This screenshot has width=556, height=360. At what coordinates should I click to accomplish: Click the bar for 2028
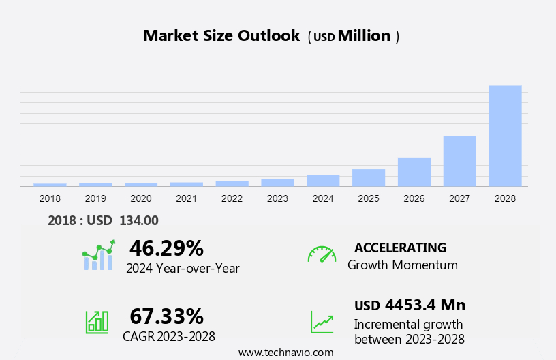click(505, 136)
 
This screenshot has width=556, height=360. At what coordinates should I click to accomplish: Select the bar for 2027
click(459, 161)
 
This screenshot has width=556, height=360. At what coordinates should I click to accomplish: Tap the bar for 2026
click(414, 172)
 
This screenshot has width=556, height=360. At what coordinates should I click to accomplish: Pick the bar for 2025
click(369, 177)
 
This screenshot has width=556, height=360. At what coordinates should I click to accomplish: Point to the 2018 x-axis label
click(50, 198)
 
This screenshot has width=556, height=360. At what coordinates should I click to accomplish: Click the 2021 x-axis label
click(186, 198)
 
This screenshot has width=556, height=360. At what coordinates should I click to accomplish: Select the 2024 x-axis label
click(323, 198)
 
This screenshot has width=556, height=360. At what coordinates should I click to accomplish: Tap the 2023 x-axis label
click(277, 198)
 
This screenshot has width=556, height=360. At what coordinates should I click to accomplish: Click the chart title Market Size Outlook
click(221, 36)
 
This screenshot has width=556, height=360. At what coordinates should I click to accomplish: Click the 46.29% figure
click(166, 247)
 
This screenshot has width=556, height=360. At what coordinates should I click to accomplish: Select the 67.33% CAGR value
click(166, 316)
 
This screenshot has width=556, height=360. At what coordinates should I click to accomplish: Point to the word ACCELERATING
click(400, 247)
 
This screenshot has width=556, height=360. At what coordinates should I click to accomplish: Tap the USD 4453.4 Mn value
click(410, 305)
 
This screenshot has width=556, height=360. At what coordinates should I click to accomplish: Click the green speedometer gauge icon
click(322, 254)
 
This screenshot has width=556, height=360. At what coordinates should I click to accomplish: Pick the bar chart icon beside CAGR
click(97, 321)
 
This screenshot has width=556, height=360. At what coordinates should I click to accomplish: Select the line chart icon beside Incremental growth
click(322, 322)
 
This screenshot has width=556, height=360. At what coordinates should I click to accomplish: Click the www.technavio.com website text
click(285, 352)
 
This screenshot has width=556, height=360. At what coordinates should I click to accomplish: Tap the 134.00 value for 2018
click(138, 220)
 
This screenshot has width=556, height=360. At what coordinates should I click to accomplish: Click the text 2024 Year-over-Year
click(183, 269)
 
